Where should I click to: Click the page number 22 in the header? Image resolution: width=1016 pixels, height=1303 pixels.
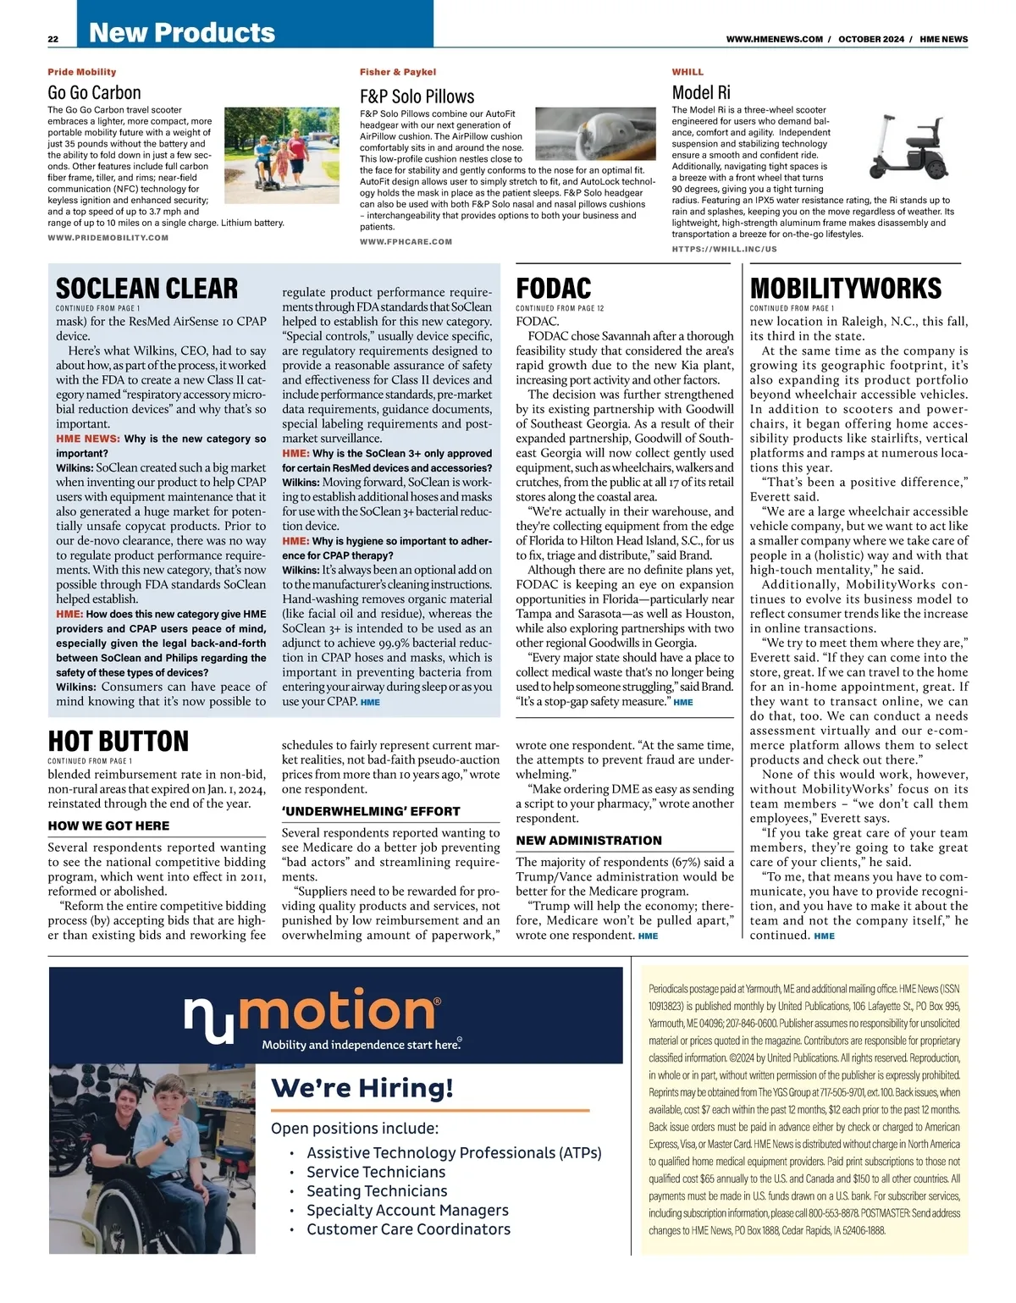point(52,39)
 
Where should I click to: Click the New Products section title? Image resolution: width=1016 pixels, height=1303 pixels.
point(182,32)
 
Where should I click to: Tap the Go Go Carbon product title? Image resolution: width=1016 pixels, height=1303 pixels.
point(94,92)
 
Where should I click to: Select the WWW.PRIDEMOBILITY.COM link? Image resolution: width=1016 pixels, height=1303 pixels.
point(108,238)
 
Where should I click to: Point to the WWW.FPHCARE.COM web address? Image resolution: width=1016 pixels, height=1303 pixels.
point(406,242)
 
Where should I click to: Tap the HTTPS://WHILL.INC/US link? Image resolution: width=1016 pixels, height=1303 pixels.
point(724,249)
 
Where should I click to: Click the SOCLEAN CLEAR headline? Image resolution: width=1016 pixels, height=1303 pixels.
point(146,288)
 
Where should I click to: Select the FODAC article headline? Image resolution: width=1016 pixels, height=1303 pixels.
point(554,288)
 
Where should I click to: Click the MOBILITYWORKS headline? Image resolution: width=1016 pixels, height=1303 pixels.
point(845,288)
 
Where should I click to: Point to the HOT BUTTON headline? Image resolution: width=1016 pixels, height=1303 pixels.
point(118,741)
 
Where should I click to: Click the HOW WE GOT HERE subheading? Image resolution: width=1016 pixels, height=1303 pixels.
point(108,825)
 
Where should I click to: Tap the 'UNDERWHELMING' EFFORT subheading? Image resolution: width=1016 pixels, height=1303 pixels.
point(371,811)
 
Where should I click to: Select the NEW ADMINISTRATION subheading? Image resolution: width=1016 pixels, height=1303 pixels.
point(588,841)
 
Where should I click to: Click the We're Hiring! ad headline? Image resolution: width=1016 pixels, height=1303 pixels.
point(362,1087)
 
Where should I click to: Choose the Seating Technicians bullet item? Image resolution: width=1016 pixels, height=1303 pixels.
point(376,1191)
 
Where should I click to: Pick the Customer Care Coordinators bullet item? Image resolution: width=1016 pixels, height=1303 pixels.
point(408,1229)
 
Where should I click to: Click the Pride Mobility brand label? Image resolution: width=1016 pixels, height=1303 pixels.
point(82,72)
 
